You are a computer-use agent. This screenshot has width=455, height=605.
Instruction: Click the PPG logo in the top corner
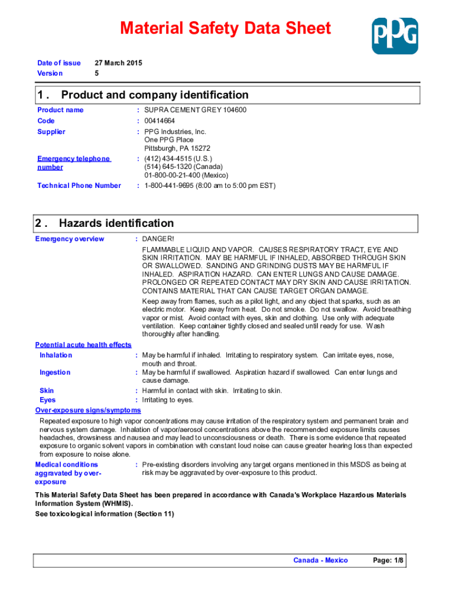pyautogui.click(x=395, y=35)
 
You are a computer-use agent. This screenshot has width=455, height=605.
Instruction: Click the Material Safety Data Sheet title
pyautogui.click(x=225, y=28)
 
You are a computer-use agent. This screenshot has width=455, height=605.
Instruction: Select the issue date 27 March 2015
pyautogui.click(x=118, y=63)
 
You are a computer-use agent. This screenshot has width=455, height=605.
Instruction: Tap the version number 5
pyautogui.click(x=97, y=73)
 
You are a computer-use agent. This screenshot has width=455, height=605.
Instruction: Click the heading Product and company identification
pyautogui.click(x=155, y=95)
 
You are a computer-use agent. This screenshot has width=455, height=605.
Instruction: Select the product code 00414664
pyautogui.click(x=160, y=121)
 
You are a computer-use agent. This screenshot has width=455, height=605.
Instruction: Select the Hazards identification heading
pyautogui.click(x=116, y=223)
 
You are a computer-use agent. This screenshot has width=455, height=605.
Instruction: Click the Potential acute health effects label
pyautogui.click(x=83, y=344)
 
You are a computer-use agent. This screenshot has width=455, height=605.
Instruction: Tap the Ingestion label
pyautogui.click(x=55, y=372)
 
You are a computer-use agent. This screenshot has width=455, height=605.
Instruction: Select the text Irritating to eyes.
pyautogui.click(x=168, y=400)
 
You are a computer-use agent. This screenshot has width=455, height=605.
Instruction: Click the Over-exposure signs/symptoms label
pyautogui.click(x=88, y=410)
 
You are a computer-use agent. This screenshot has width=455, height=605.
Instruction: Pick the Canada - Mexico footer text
pyautogui.click(x=321, y=560)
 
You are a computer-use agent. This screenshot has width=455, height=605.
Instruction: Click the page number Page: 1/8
pyautogui.click(x=389, y=560)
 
